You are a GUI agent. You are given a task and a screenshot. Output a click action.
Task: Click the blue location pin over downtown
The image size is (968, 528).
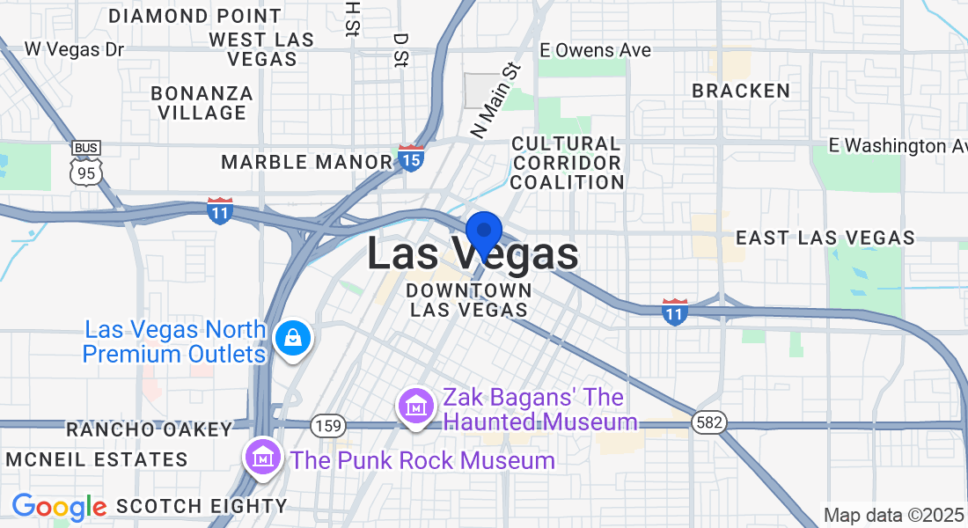pos(483,234)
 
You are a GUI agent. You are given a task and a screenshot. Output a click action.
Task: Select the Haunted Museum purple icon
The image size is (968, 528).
pos(414,407)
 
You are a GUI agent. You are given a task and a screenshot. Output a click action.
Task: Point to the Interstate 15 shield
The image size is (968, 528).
pos(411,158)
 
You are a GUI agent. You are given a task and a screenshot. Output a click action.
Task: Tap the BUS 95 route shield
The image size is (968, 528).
pos(86,163)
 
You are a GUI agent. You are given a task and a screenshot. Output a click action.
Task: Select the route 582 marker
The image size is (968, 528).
pos(709,422)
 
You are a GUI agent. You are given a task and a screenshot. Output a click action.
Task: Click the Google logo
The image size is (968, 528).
pos(59,506)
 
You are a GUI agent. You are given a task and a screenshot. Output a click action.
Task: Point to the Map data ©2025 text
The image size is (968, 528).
pos(892,515)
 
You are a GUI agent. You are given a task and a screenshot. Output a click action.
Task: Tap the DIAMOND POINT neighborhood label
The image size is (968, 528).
pos(195,16)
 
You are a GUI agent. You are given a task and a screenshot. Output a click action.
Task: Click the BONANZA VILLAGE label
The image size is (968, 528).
pos(202,103)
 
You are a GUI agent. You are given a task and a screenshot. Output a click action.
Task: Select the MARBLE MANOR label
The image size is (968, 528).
pos(306,162)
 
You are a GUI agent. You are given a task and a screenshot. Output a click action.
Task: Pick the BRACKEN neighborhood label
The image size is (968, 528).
pos(741,91)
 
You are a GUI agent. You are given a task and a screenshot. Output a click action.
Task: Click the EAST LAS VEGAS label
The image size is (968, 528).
pos(825,238)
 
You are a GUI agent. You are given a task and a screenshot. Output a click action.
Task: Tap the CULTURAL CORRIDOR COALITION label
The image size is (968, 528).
pos(567,163)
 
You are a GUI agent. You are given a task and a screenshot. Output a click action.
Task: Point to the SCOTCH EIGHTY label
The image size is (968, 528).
pos(202,506)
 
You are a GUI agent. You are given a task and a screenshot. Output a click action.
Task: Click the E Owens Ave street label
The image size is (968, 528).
pos(596,50)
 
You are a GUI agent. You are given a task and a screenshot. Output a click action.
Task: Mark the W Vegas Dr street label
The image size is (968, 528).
pos(75,48)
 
